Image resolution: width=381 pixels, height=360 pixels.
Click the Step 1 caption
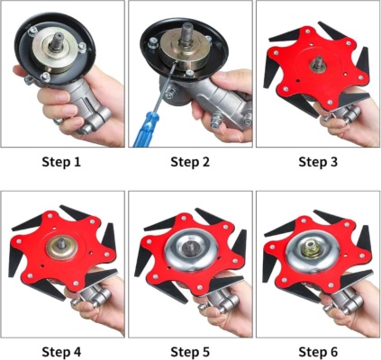61,162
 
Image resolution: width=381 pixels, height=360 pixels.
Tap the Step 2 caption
190,162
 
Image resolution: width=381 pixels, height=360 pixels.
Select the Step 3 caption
318,162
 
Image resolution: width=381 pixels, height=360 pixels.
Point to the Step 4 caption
61,352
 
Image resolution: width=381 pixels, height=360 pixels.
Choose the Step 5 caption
190,352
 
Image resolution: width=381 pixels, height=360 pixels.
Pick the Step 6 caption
318,352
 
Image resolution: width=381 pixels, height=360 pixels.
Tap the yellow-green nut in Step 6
313,249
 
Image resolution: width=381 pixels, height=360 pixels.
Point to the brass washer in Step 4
62,247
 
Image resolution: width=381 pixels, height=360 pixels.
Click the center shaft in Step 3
317,63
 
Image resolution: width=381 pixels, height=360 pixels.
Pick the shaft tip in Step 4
61,243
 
